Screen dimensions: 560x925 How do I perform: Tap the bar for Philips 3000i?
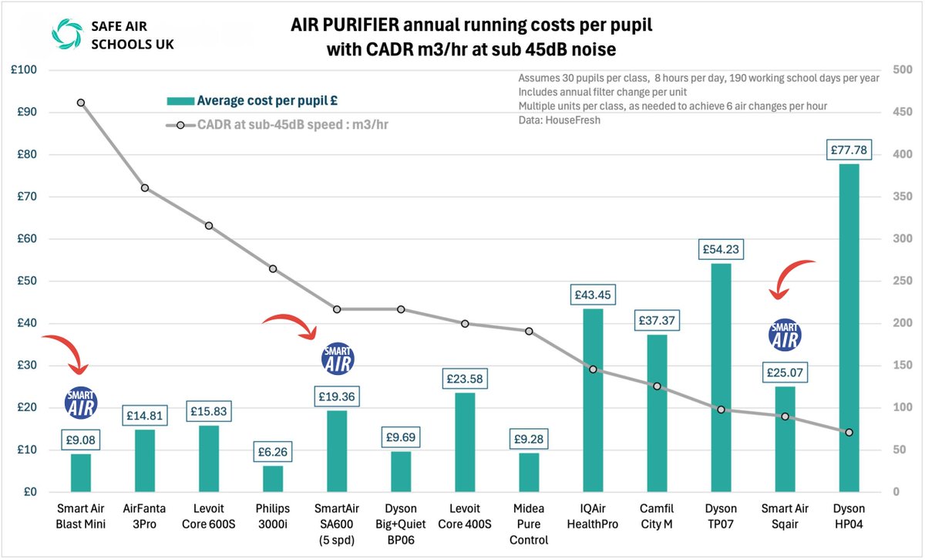(x=273, y=478)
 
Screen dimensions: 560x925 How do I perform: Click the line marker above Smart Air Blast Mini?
(x=81, y=103)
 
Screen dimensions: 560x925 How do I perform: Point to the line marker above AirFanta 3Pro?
(x=144, y=188)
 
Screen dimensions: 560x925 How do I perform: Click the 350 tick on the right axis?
(x=901, y=197)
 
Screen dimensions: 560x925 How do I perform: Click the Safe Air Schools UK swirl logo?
(x=65, y=33)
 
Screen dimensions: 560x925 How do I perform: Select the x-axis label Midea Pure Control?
(x=529, y=525)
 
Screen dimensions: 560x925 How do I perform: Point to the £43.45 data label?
(x=592, y=295)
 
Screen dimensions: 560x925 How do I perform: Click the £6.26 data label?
(x=273, y=451)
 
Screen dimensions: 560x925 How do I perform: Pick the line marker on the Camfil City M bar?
(x=656, y=386)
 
